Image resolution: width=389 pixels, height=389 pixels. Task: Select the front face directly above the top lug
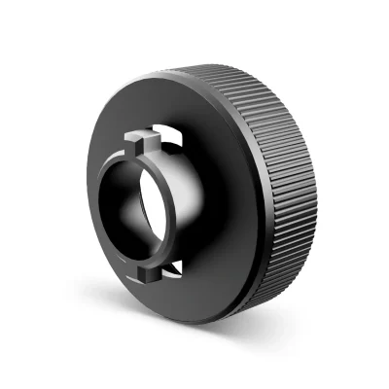click(x=146, y=112)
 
